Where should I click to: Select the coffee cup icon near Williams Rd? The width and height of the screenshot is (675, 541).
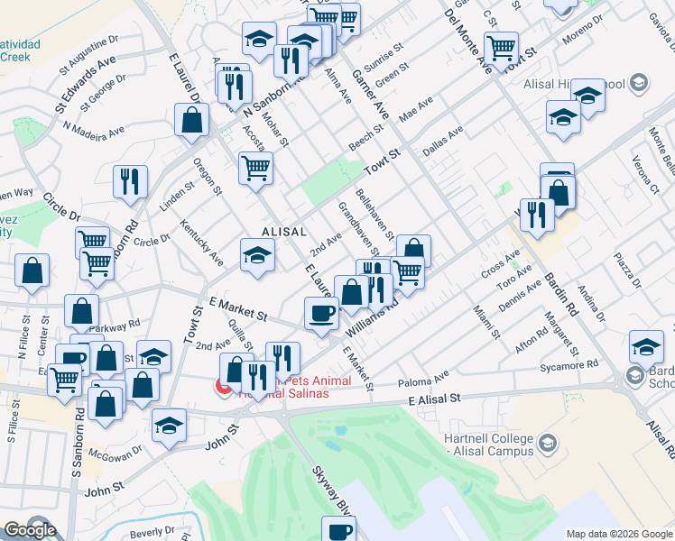click(x=322, y=315)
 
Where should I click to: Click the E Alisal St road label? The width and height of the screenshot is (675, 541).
click(x=435, y=398)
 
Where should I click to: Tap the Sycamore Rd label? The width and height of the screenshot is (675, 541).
click(x=566, y=365)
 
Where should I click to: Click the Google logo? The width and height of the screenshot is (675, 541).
click(x=29, y=530)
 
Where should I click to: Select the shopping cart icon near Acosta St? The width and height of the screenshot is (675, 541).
click(x=256, y=166)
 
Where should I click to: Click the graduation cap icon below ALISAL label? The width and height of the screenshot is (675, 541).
click(x=256, y=255)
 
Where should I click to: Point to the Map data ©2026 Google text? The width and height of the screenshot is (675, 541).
click(x=618, y=534)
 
